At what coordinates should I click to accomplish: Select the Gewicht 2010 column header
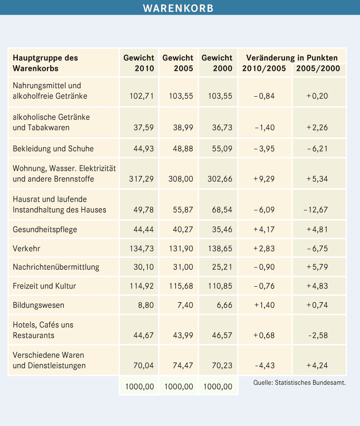coord(139,63)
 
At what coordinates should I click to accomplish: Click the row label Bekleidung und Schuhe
coord(53,149)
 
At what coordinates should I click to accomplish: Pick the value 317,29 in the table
coord(141,179)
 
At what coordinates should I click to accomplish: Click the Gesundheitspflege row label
coord(45,229)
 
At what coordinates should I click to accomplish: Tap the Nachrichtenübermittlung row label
coord(56,267)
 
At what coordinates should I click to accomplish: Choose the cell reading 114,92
coord(141,286)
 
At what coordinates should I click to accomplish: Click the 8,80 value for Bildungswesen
coord(145,305)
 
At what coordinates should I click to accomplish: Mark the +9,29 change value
coord(263,179)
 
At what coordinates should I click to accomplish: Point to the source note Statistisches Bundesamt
coord(299,382)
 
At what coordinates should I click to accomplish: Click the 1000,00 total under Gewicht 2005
coord(179,387)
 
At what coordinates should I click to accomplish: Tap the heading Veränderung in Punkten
coord(292,58)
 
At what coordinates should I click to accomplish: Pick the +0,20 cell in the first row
coord(317,96)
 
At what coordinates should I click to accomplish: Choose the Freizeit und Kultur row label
coord(45,286)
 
